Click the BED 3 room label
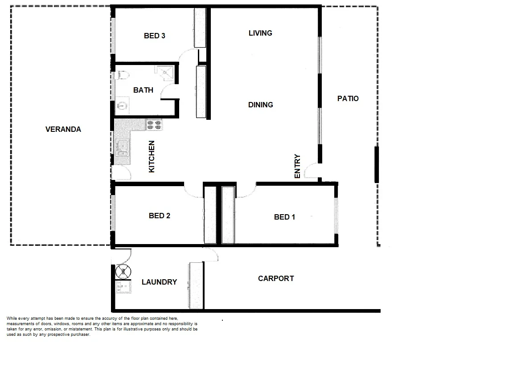pos(154,36)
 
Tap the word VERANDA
pos(63,130)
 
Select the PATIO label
pos(348,98)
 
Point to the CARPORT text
pos(276,279)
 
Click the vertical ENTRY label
pos(298,167)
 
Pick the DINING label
pos(261,105)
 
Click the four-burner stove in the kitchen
pos(154,125)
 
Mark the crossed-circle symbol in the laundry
pos(123,271)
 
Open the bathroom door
pos(169,92)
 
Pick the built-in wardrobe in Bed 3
pos(199,28)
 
